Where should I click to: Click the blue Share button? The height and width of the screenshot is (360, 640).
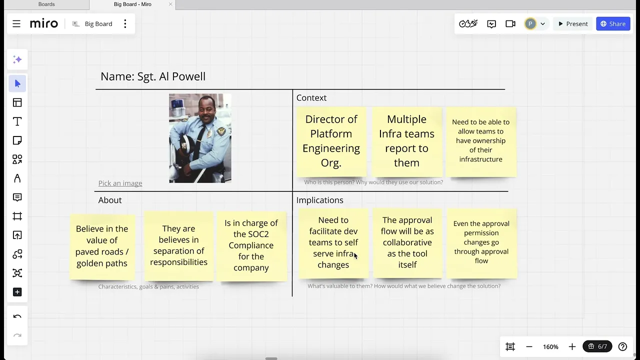point(613,24)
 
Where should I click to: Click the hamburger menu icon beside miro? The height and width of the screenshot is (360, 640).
point(16,24)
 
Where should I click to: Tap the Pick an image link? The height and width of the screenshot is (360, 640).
point(120,183)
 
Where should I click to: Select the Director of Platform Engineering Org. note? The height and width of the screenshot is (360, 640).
point(331,141)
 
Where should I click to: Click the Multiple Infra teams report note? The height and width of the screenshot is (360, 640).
point(407,141)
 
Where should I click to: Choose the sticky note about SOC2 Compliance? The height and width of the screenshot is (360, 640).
point(251,246)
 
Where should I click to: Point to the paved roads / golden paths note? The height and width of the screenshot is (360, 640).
point(102,246)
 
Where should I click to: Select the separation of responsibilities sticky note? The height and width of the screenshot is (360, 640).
point(179,246)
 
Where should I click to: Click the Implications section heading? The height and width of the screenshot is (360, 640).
point(319,200)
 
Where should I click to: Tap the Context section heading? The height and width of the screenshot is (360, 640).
point(311,97)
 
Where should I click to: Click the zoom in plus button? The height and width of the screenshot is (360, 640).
point(572,347)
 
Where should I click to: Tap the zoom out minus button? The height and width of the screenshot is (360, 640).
point(529,347)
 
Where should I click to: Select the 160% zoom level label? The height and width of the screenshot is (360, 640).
point(550,347)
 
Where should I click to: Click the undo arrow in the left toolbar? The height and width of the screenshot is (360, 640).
point(17,316)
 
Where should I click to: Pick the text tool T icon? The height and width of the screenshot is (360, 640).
point(17,121)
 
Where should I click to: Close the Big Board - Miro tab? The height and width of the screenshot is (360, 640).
point(170,4)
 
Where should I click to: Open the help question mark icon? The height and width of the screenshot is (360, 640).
point(622,347)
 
